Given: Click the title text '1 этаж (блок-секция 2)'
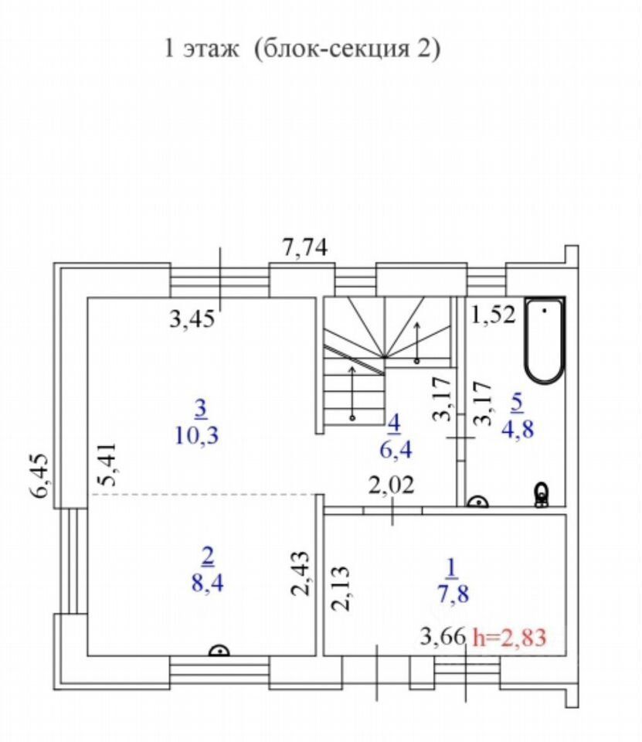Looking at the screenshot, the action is [x=301, y=49].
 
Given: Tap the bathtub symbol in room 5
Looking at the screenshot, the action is [x=545, y=339].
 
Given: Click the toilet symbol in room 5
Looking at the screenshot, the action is [x=542, y=494].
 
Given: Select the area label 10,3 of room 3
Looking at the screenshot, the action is [x=198, y=434].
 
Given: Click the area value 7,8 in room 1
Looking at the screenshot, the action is [x=451, y=594].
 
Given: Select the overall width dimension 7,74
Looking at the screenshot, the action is [x=305, y=248].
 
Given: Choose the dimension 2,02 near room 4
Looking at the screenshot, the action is [x=391, y=485].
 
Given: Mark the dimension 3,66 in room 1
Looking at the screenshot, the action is [x=443, y=638].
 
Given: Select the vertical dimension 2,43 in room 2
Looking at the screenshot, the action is [x=304, y=573].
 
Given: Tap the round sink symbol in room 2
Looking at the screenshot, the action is [x=220, y=651].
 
